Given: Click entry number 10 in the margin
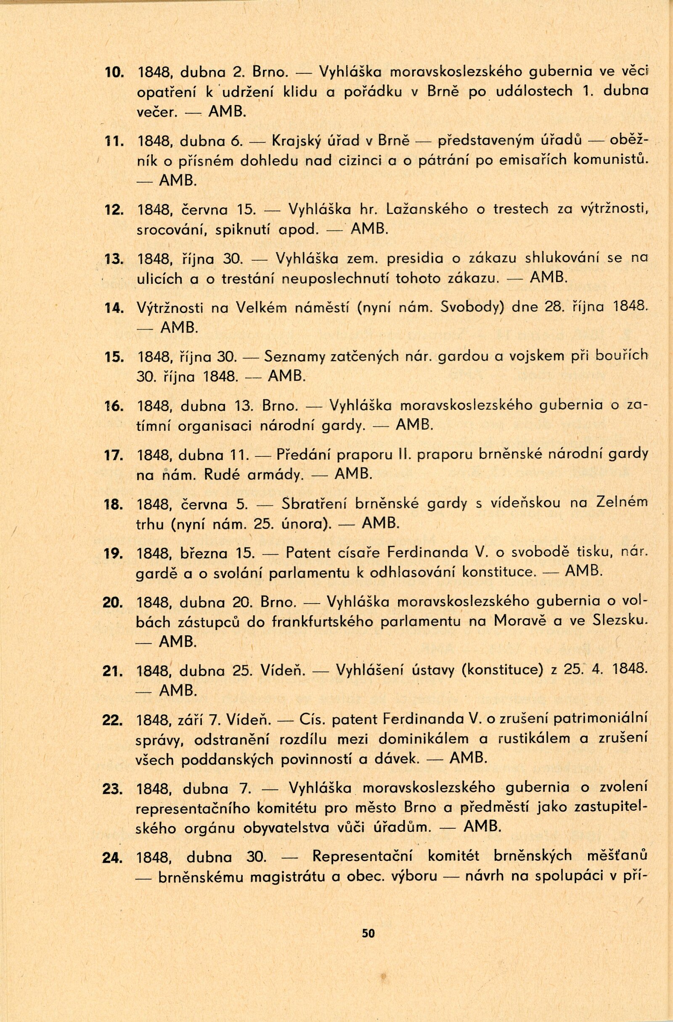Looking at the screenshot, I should coord(114,72).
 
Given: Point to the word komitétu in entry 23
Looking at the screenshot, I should coord(286,809).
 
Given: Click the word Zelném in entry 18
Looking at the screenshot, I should coord(623,503).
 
